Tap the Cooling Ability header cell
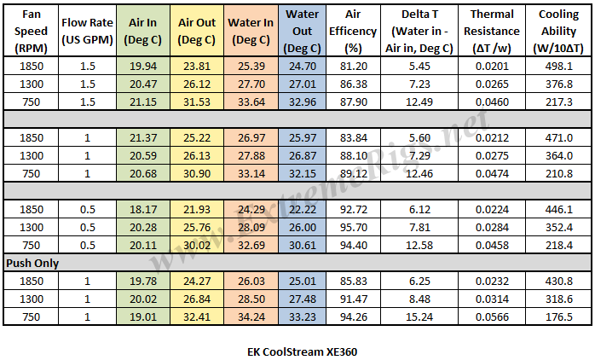point(563,32)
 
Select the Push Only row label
point(32,264)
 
